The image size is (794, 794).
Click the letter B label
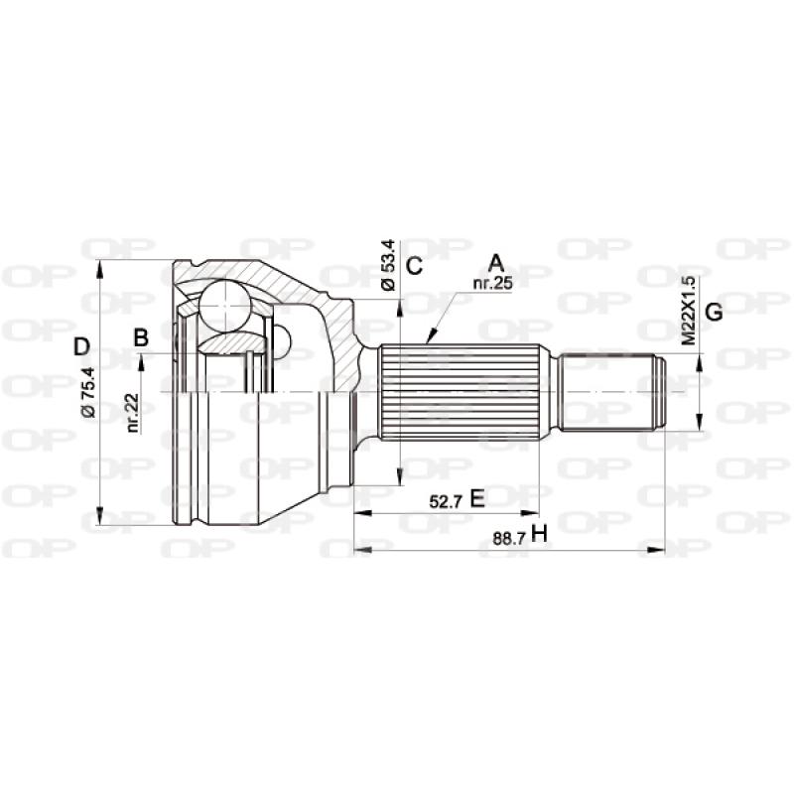pos(141,337)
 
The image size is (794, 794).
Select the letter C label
pos(415,265)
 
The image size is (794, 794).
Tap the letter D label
pos(82,346)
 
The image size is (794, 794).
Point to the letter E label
pos(476,498)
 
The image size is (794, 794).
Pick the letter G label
pos(713,312)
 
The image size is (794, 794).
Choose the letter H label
pos(539,534)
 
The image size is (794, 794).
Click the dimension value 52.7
pos(445,500)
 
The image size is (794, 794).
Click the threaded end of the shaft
pos(610,392)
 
